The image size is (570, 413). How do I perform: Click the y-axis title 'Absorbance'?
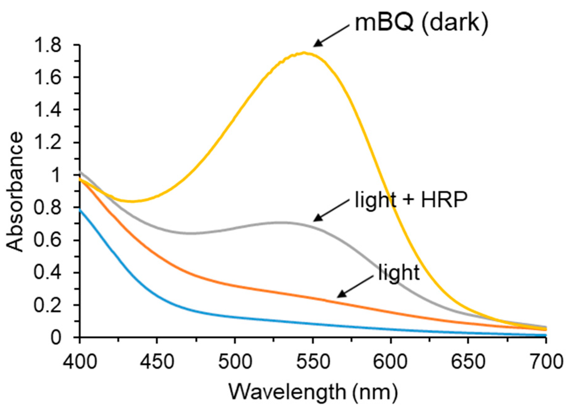coord(15,192)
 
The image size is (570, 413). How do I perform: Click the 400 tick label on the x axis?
coord(80,362)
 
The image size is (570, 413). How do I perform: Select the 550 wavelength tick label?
coord(313,362)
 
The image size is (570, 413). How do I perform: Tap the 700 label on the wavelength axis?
coord(545,362)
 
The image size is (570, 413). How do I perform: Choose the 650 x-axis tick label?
coord(468,362)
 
